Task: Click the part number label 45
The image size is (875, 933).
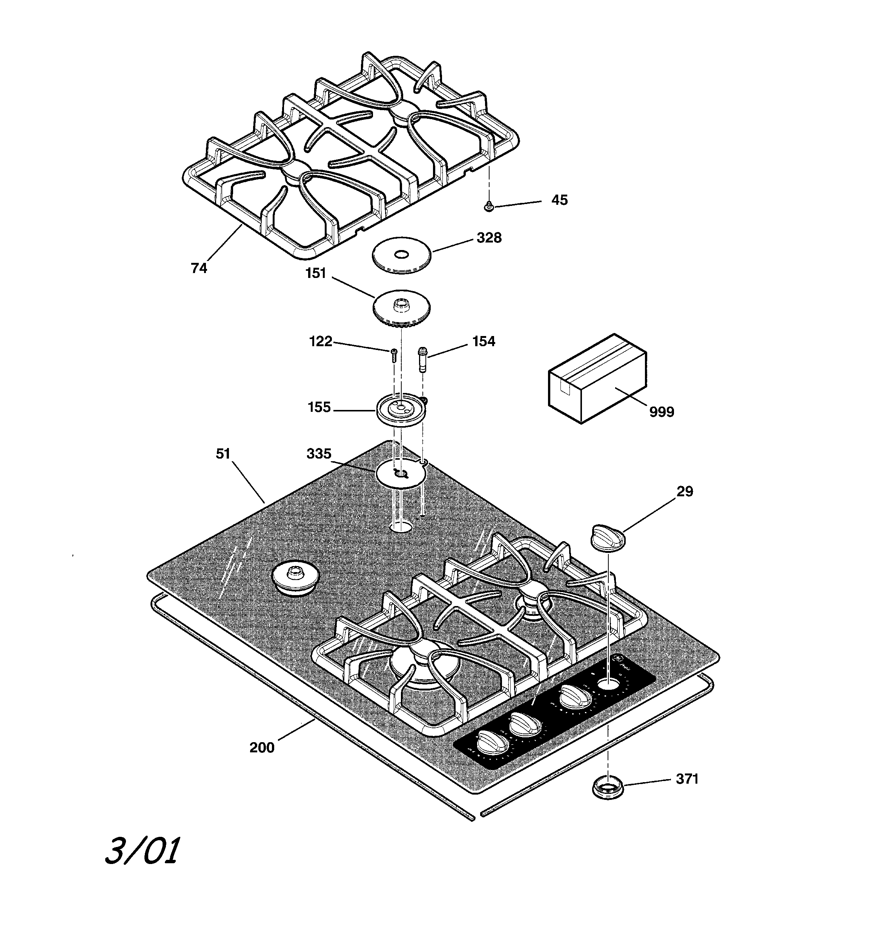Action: pyautogui.click(x=559, y=200)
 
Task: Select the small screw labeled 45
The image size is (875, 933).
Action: pyautogui.click(x=489, y=206)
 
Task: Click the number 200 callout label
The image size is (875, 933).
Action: pyautogui.click(x=261, y=747)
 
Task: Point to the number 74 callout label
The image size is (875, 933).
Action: pyautogui.click(x=199, y=268)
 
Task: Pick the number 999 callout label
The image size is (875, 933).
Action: pyautogui.click(x=662, y=411)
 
